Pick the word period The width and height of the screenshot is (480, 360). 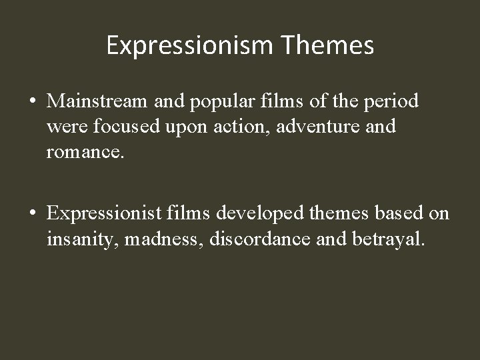pyautogui.click(x=391, y=102)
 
